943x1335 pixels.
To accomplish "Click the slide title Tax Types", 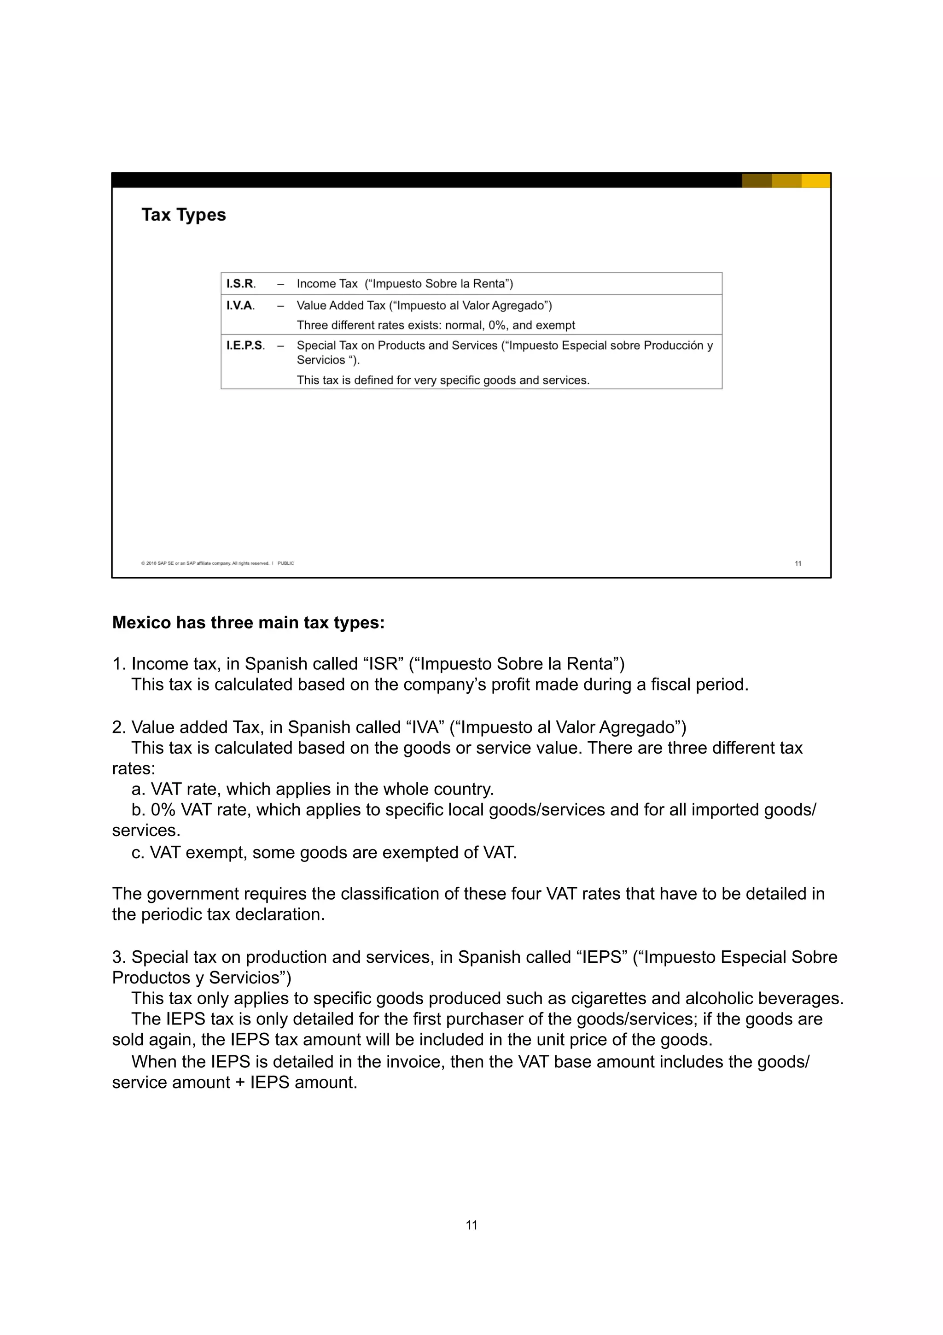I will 184,215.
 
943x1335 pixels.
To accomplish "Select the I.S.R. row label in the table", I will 240,284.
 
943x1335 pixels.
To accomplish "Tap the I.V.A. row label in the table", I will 240,305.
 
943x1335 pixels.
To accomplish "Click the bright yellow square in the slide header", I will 816,181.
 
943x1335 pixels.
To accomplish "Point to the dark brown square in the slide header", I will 757,181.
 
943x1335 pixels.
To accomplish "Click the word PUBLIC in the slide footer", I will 286,563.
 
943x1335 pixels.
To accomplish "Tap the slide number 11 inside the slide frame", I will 798,563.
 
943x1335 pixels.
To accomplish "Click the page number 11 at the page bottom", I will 471,1225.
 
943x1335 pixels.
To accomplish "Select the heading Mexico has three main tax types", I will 248,623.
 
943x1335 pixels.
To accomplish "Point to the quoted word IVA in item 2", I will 425,727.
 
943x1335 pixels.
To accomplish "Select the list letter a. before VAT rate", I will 138,789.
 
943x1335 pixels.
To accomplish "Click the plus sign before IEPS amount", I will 240,1083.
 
